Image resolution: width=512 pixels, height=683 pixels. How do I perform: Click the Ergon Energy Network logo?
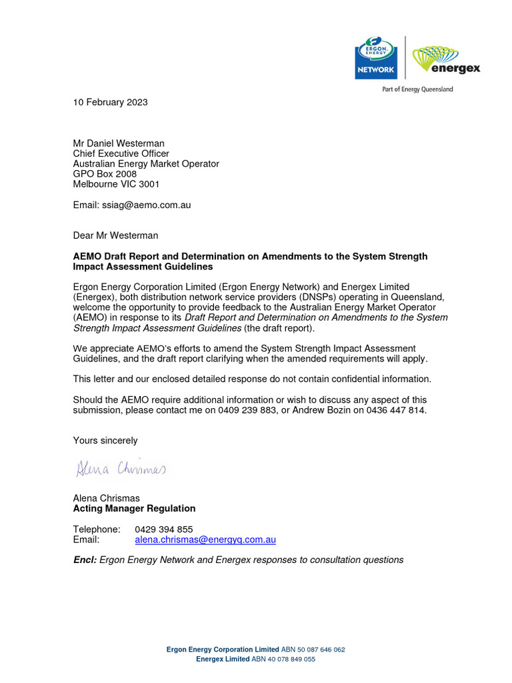[377, 58]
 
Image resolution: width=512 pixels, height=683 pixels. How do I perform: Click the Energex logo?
[446, 59]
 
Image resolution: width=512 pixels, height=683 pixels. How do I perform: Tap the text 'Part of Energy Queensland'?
[417, 89]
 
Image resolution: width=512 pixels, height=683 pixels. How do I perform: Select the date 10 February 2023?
[110, 102]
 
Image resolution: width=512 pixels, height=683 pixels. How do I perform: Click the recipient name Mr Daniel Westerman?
[119, 143]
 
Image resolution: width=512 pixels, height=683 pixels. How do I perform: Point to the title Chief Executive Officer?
[121, 153]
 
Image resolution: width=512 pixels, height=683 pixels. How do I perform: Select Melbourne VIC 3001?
[116, 184]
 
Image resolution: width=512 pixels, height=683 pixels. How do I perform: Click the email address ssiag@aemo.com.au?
[153, 205]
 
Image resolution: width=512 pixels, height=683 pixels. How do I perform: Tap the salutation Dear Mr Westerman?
[115, 235]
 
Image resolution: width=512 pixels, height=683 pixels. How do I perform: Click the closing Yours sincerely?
[105, 440]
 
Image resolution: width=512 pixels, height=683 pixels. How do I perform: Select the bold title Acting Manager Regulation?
[134, 508]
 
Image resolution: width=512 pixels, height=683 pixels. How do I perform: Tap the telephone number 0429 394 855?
[164, 529]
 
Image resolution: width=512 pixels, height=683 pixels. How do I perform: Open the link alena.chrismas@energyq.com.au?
[205, 540]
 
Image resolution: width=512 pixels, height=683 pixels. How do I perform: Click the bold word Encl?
[85, 560]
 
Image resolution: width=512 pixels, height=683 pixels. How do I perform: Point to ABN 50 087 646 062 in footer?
[313, 649]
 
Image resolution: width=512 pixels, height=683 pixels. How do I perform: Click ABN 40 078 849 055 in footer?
[283, 659]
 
